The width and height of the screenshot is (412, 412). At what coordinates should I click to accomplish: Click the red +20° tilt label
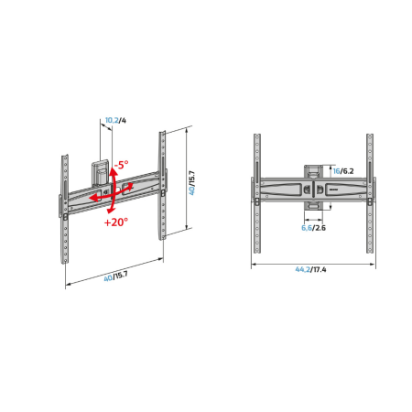[x=117, y=222]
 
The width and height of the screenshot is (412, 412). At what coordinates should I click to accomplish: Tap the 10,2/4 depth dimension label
[x=114, y=120]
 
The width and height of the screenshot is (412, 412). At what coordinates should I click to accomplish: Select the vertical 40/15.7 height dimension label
[x=193, y=179]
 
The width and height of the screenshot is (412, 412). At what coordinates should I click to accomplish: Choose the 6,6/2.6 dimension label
[x=312, y=229]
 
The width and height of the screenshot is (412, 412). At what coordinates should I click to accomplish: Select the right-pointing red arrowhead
[x=132, y=184]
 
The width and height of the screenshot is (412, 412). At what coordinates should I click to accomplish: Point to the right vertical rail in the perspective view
[x=163, y=183]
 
